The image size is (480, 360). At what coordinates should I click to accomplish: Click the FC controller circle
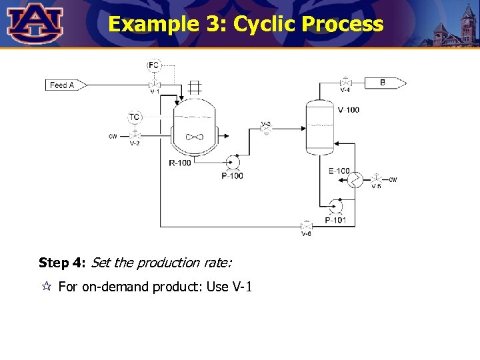(x=154, y=65)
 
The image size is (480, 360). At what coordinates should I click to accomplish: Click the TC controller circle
(x=135, y=117)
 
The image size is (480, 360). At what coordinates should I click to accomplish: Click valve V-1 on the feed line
(x=154, y=85)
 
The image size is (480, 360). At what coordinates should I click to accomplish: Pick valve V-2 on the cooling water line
(x=135, y=135)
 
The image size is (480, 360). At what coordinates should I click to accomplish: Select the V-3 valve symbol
(x=266, y=129)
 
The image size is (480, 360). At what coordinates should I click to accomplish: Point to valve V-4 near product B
(x=345, y=83)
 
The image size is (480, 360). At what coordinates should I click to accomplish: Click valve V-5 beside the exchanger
(x=376, y=179)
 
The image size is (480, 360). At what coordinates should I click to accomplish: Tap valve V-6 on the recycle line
(x=306, y=227)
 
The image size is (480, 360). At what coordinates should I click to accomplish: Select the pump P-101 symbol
(x=336, y=207)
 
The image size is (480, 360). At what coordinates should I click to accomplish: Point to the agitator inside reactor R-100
(x=194, y=136)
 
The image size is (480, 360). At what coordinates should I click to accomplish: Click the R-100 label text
(x=181, y=163)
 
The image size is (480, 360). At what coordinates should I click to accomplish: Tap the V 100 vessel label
(x=348, y=110)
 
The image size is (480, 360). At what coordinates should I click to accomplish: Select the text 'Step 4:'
(x=62, y=263)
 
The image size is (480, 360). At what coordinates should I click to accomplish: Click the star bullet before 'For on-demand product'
(x=46, y=287)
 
